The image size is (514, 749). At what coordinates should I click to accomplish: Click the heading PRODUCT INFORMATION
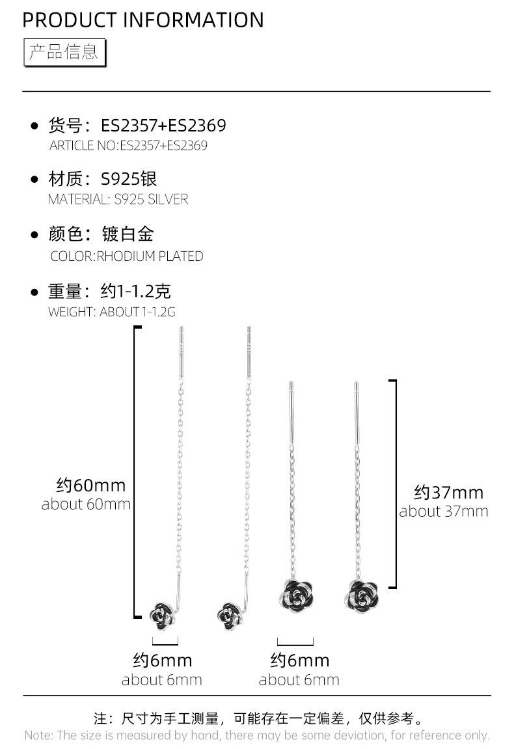[x=143, y=20]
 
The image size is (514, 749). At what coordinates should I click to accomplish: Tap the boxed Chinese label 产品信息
[x=64, y=52]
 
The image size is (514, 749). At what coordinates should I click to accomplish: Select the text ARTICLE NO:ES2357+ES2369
[x=128, y=145]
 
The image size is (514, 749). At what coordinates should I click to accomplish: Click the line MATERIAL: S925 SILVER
[x=118, y=200]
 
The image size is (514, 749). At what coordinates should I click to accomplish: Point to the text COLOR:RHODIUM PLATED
[x=127, y=256]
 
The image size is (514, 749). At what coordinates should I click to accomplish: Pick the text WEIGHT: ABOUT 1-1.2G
[x=112, y=312]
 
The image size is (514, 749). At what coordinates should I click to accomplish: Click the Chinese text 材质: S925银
[x=103, y=179]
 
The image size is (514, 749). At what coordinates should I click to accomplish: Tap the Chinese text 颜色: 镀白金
[x=101, y=234]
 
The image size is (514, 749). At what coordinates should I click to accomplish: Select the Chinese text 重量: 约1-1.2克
[x=109, y=291]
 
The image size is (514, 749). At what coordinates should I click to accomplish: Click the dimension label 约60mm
[x=91, y=485]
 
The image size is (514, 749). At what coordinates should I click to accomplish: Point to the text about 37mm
[x=443, y=511]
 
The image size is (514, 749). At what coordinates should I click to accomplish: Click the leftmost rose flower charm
[x=161, y=614]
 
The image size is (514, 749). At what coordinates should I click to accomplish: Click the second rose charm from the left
[x=230, y=615]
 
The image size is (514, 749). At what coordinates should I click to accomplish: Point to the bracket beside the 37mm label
[x=394, y=483]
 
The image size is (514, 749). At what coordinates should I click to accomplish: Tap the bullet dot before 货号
[x=35, y=126]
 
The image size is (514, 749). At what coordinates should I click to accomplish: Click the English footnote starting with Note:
[x=256, y=735]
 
